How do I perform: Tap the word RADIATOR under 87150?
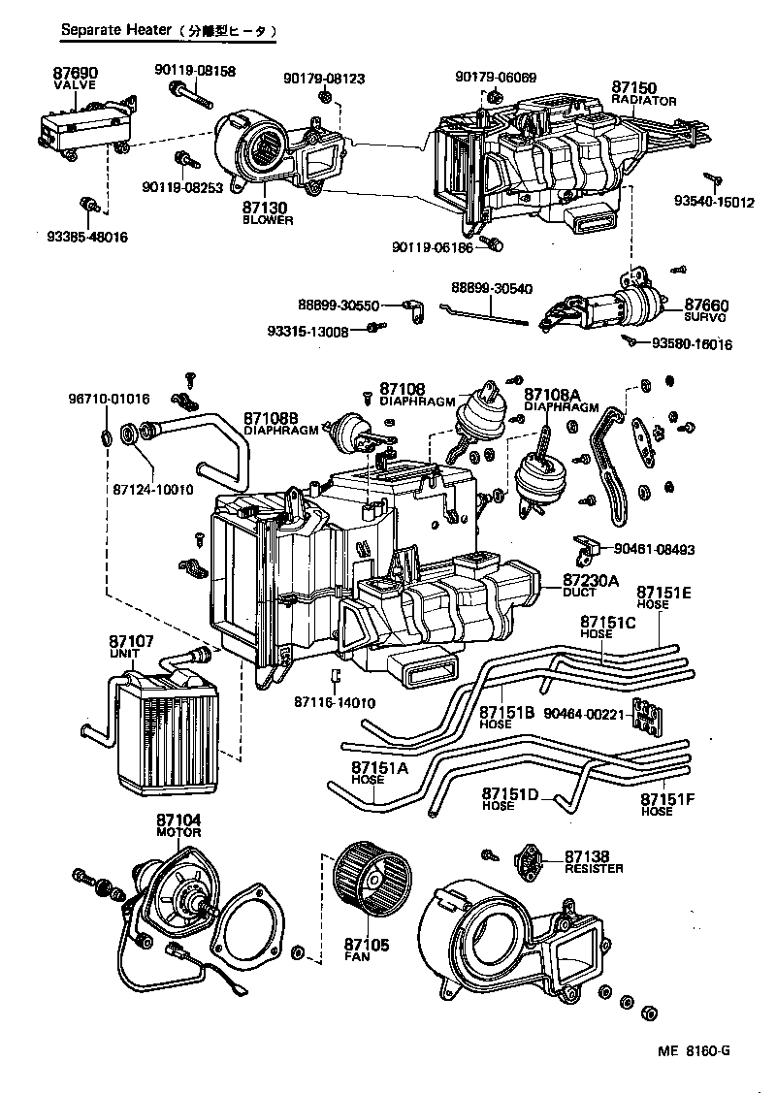[x=644, y=101]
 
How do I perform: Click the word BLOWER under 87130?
[x=267, y=220]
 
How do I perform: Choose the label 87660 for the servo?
[x=706, y=305]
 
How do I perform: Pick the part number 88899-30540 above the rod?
[x=492, y=288]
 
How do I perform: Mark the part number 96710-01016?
[x=109, y=399]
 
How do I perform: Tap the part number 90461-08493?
[x=654, y=550]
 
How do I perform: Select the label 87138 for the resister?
[x=586, y=856]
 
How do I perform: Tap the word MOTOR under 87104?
[x=178, y=833]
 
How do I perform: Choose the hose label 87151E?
[x=664, y=592]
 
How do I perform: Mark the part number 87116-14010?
[x=336, y=702]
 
